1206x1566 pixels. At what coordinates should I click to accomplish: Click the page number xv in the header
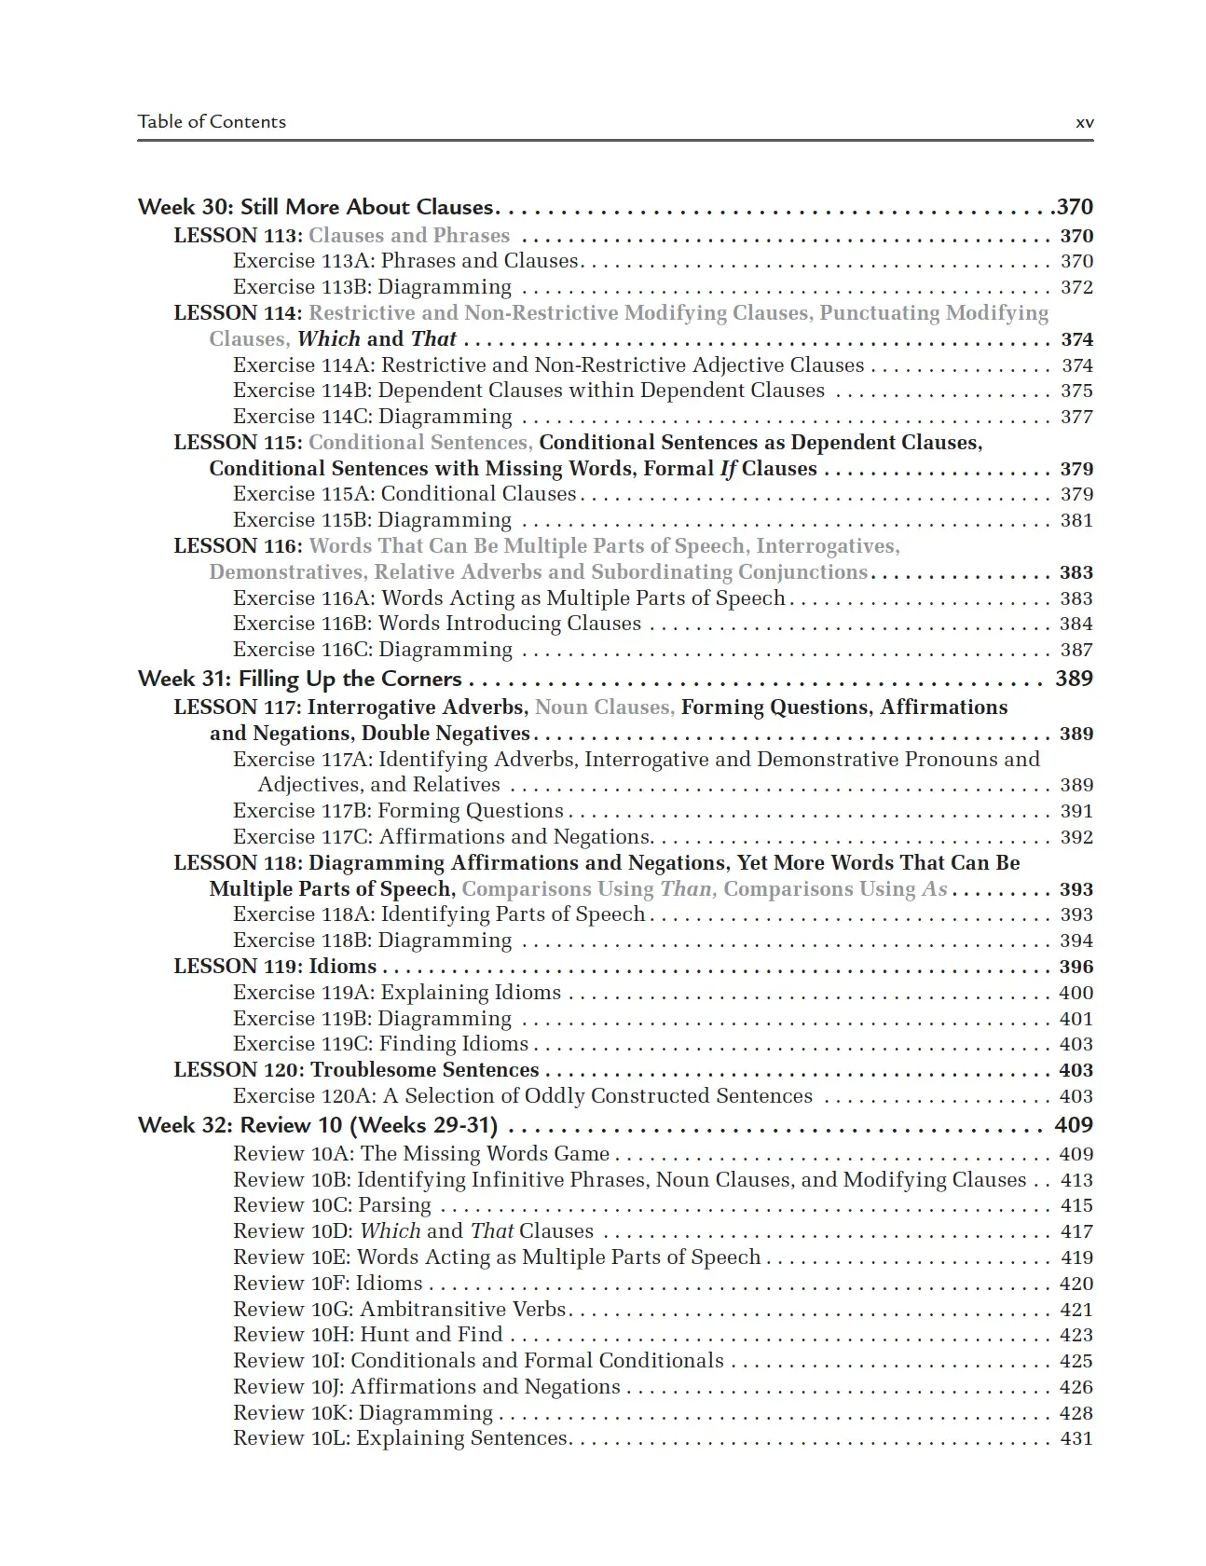[1084, 122]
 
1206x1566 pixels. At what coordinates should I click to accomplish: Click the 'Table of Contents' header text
[212, 121]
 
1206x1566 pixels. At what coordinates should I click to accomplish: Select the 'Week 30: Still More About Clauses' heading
[316, 207]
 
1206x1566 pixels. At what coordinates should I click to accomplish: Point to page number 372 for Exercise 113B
[1076, 287]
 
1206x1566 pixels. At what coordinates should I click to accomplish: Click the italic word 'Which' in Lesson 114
[328, 339]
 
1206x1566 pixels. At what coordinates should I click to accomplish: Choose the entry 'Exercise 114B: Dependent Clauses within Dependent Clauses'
[528, 391]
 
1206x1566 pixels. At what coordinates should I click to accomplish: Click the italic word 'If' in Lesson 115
[728, 469]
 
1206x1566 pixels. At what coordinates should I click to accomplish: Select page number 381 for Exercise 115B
[1076, 520]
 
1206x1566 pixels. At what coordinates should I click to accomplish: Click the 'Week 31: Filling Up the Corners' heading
[300, 679]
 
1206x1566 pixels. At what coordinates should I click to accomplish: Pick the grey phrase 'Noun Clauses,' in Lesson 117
[605, 707]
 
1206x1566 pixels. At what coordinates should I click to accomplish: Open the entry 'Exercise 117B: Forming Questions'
[399, 811]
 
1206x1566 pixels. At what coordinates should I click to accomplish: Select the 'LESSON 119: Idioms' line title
[276, 967]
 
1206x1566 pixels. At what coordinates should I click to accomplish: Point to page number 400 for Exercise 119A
[1076, 993]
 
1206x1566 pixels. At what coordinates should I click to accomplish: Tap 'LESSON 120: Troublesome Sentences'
[357, 1070]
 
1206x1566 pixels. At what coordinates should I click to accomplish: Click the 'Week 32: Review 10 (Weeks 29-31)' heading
[318, 1125]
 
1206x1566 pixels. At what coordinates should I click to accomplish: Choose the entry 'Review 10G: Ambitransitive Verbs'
[400, 1310]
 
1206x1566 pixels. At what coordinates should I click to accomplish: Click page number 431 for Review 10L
[1076, 1438]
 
